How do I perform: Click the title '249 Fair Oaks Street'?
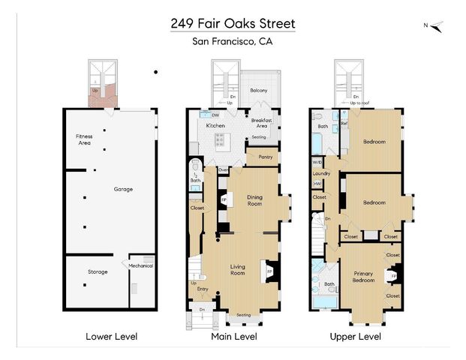pos(233,23)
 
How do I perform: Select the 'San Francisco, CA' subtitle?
pos(233,42)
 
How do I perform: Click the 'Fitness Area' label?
pos(83,139)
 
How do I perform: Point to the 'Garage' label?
pos(123,189)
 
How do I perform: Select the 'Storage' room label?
pos(98,271)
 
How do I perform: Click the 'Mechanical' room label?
pos(140,265)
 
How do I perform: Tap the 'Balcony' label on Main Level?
pos(259,91)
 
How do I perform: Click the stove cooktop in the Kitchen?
pos(221,139)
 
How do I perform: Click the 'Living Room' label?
pos(238,270)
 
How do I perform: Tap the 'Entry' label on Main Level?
pos(203,289)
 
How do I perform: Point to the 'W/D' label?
pos(317,163)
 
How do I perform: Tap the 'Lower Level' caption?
pos(111,337)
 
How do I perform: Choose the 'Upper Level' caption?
pos(355,337)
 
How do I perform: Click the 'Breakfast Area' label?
pos(261,123)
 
